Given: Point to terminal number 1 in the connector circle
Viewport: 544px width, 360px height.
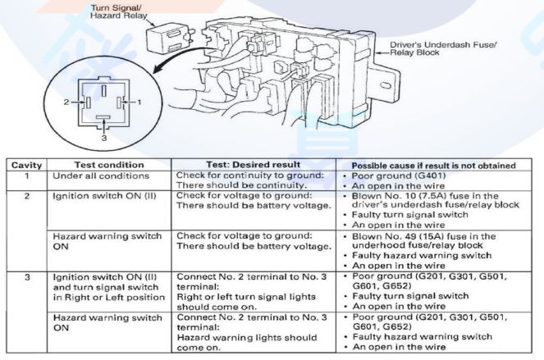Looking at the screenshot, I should pos(139,102).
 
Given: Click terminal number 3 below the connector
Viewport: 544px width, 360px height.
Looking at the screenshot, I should pos(103,138).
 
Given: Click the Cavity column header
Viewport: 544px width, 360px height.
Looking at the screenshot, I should pos(26,165).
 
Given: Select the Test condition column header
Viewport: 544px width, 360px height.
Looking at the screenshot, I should pos(111,165).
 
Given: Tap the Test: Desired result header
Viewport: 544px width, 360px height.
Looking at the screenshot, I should pos(254,165).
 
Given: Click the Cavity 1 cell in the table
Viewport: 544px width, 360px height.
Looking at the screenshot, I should pos(26,175).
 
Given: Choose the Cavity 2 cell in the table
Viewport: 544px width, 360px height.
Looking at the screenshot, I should pos(26,197).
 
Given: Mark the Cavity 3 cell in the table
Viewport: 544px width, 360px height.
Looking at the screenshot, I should pos(26,277).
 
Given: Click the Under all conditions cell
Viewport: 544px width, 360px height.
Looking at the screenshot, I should pos(101,175).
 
